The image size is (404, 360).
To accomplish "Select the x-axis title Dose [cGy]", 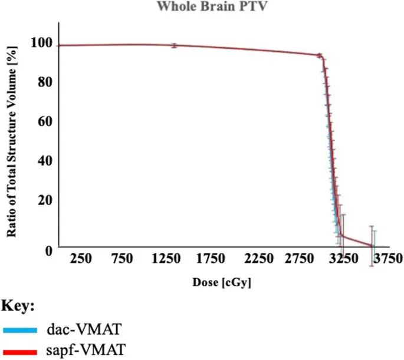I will point(222,282).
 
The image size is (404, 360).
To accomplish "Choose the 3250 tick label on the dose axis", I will point(344,259).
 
